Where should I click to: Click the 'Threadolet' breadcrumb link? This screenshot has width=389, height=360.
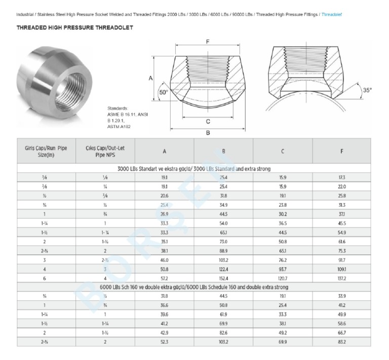click(x=331, y=14)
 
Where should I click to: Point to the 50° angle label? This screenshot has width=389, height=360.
click(x=163, y=93)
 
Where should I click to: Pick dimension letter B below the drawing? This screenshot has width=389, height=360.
click(x=208, y=133)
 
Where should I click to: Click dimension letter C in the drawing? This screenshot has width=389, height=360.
click(x=208, y=121)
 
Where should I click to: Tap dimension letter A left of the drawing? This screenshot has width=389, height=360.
click(x=150, y=78)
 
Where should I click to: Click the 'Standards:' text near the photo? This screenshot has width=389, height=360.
click(x=118, y=108)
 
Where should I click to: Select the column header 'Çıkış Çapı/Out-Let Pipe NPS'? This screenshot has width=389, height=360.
click(x=105, y=151)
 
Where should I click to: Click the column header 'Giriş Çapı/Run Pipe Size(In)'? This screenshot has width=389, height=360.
click(x=46, y=151)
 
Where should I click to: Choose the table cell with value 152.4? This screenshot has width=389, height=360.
click(x=223, y=278)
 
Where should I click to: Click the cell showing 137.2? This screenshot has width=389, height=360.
click(x=342, y=278)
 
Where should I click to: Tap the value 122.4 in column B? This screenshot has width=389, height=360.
click(x=223, y=269)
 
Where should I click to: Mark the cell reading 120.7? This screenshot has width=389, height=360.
click(x=282, y=278)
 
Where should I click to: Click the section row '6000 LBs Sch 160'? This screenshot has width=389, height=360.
click(x=194, y=287)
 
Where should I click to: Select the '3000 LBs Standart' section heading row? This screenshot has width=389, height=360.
click(x=194, y=168)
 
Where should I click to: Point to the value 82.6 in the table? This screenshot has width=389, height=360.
click(x=223, y=333)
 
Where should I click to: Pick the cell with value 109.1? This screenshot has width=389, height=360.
click(x=342, y=269)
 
